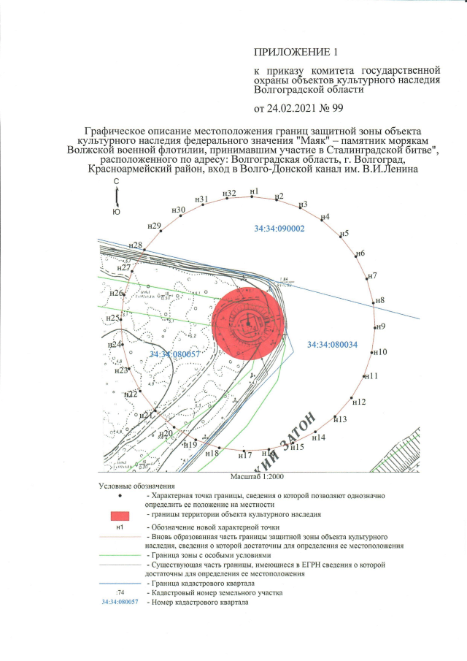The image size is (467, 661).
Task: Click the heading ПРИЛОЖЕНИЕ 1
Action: [x=296, y=53]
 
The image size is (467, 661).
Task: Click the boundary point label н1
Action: [x=254, y=191]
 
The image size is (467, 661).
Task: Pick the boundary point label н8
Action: [x=380, y=300]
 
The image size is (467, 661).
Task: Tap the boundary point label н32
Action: [x=229, y=193]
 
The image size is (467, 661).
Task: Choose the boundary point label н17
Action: [x=244, y=454]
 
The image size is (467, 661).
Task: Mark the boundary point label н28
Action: [x=135, y=245]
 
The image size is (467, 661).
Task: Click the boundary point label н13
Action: [x=340, y=419]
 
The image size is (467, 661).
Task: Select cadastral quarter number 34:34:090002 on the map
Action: [x=279, y=229]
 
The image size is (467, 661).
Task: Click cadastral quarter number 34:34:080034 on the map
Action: [x=332, y=344]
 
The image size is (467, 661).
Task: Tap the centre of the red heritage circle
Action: [x=248, y=323]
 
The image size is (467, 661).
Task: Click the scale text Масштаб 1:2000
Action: [x=260, y=475]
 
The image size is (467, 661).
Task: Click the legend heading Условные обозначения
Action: [x=137, y=486]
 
